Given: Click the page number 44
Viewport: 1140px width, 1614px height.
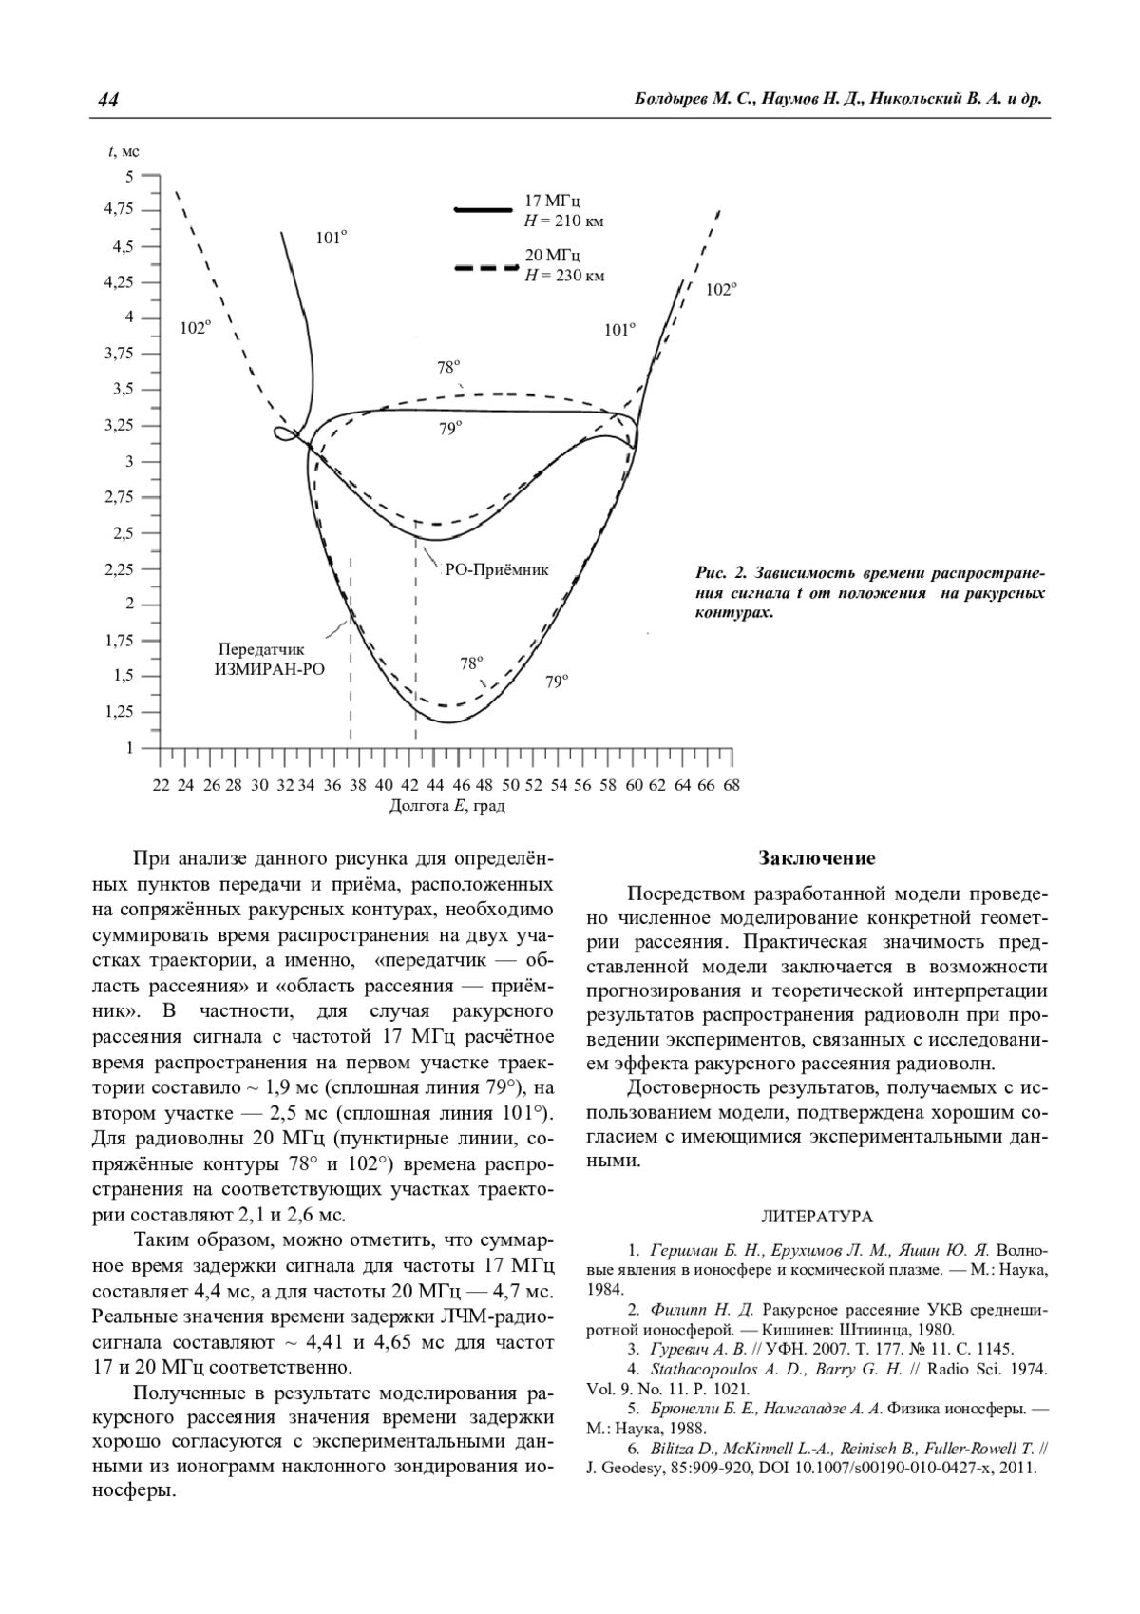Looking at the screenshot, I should tap(107, 101).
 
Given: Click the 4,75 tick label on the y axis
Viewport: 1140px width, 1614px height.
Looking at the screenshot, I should tap(119, 210).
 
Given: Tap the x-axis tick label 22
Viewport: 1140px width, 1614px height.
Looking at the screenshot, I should tap(160, 786).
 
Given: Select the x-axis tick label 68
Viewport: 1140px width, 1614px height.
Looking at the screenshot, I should tap(731, 786).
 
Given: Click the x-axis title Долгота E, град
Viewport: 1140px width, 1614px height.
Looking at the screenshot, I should tap(446, 807).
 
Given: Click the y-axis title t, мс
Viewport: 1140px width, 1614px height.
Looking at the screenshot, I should tap(124, 151).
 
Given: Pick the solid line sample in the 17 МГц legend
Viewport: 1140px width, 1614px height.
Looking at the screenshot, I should tap(484, 209).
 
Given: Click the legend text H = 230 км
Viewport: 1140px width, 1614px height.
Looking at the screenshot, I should tap(565, 277).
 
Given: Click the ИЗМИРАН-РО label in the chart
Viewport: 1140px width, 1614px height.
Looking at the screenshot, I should tap(269, 669).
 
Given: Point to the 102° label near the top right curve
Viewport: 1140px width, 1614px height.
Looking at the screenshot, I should tap(720, 291).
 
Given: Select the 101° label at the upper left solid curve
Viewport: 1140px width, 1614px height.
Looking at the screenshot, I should tap(331, 240).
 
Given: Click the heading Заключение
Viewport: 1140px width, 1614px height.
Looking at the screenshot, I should tap(816, 859).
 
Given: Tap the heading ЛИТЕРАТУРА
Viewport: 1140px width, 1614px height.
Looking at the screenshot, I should tap(817, 1217).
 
